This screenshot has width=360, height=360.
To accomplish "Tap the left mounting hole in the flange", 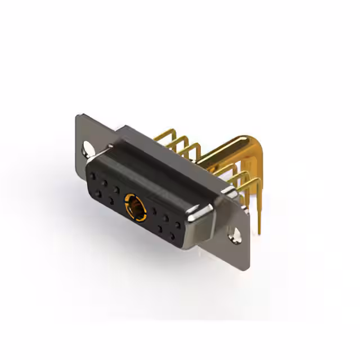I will click(x=88, y=150).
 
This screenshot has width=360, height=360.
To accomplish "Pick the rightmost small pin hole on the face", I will click(x=179, y=225).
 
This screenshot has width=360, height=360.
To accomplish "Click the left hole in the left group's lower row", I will click(x=98, y=193).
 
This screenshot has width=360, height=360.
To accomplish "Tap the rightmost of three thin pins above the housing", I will click(x=194, y=148).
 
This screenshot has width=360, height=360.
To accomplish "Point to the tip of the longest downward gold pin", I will click(x=260, y=231).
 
